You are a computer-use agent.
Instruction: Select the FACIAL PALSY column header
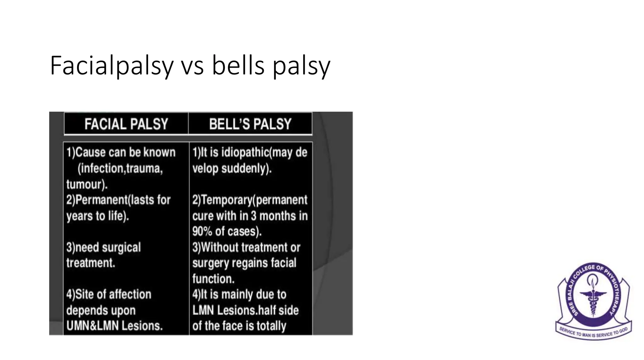pos(126,124)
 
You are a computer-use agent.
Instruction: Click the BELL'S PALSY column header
pos(250,124)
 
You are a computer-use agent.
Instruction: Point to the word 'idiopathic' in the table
pos(245,152)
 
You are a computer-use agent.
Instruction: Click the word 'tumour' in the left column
pos(83,184)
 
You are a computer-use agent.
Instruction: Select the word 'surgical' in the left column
pos(121,248)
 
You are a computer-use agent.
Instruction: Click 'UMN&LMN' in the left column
pos(92,326)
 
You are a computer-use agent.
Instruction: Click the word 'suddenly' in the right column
pos(245,169)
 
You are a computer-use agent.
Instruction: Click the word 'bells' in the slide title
pos(238,66)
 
